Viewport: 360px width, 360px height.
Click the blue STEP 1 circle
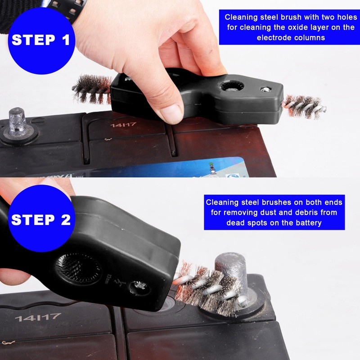[40, 40]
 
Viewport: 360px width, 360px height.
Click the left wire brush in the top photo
[92, 89]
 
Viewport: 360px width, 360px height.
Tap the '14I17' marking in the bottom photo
[38, 317]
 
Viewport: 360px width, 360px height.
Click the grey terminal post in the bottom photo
[231, 274]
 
